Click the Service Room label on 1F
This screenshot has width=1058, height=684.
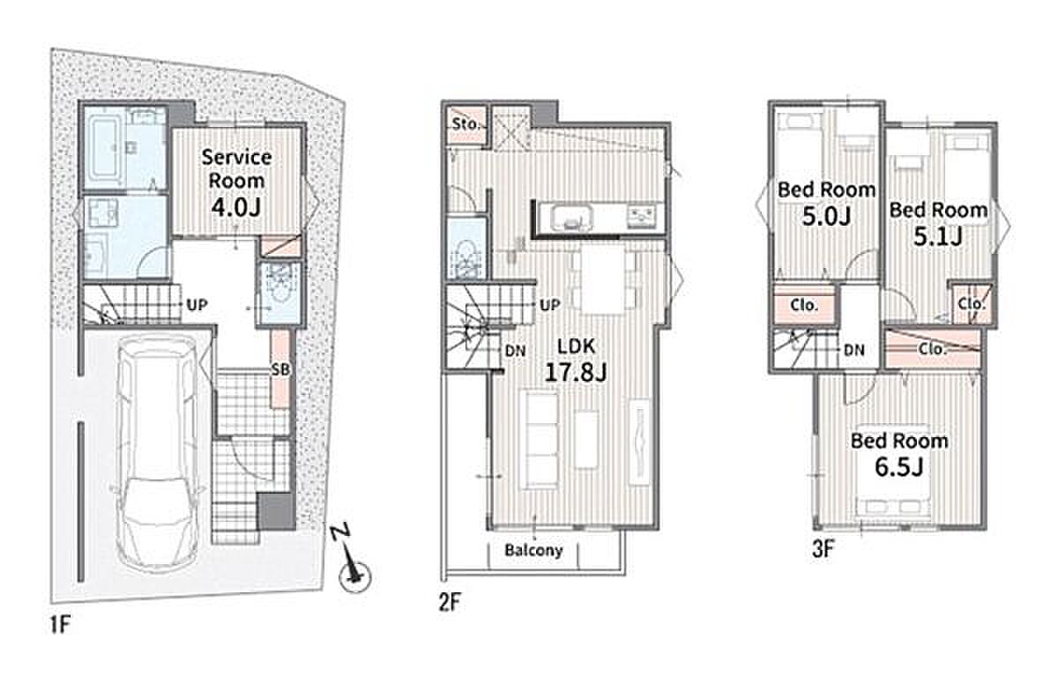pos(236,169)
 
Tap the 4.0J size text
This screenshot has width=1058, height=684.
pos(236,208)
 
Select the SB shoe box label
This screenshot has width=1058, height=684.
pos(280,369)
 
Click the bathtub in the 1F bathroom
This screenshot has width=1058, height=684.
pos(104,148)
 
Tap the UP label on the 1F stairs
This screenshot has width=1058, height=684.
pos(197,305)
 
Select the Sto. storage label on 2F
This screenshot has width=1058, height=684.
pos(466,124)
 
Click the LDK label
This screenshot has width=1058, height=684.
pos(577,346)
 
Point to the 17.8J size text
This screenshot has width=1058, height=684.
pos(576,372)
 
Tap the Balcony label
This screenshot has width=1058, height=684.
pos(533,550)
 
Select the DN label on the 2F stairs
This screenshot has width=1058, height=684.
pos(516,351)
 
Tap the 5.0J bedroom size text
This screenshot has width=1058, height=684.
pos(827,216)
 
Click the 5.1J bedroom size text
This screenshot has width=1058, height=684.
pos(938,236)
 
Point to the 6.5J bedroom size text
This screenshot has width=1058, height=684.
pos(899,467)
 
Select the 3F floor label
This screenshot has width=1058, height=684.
pos(823,549)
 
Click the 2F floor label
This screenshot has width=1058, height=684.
pos(450,602)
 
